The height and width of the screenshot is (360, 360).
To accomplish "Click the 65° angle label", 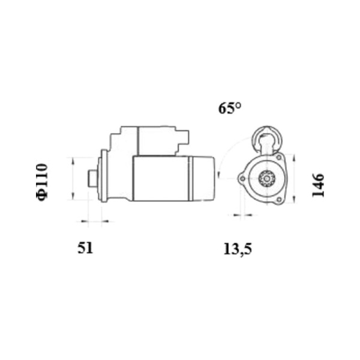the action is pos(230,108).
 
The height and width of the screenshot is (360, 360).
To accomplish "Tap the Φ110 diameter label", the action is pos(42,182).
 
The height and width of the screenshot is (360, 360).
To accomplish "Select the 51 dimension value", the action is pos(85,248).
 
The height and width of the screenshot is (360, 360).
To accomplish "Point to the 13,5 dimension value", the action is pos(238,250).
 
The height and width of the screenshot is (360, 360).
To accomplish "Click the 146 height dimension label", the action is pos(318,185).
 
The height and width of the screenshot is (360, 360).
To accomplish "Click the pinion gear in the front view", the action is pos(266,178).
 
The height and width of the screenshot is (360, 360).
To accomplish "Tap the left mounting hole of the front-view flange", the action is pos(242,178).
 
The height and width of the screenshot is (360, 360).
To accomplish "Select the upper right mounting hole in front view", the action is pos(279,157).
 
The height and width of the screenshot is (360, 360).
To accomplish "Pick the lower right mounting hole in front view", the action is pos(279,200).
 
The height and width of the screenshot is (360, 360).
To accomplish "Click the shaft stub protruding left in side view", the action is pos(93,178).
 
